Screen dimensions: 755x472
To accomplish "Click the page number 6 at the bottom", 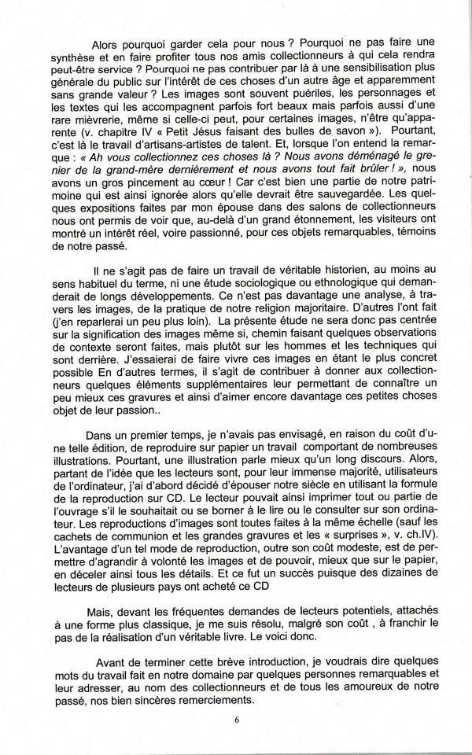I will pyautogui.click(x=237, y=719).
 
